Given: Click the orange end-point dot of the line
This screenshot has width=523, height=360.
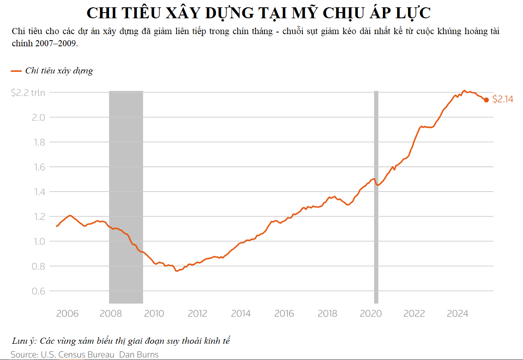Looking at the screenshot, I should coord(486,100).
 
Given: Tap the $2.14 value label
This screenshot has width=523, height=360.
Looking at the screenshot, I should coord(503,99).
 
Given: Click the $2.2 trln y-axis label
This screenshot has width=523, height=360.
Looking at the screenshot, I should coord(28,93).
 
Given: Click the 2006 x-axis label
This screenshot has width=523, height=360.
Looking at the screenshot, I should coord(67,314).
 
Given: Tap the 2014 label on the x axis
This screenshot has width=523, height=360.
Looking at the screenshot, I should coord(241,314).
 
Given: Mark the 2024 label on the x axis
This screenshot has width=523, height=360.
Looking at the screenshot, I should coord(457,314).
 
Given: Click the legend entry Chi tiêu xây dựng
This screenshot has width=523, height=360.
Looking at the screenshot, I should coord(59,71).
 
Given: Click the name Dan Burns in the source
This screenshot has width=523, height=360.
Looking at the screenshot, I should coord(139,354).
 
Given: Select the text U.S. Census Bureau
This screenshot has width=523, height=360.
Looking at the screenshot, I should coord(77,354).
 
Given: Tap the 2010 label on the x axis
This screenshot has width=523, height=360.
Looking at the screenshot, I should coord(154,314).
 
